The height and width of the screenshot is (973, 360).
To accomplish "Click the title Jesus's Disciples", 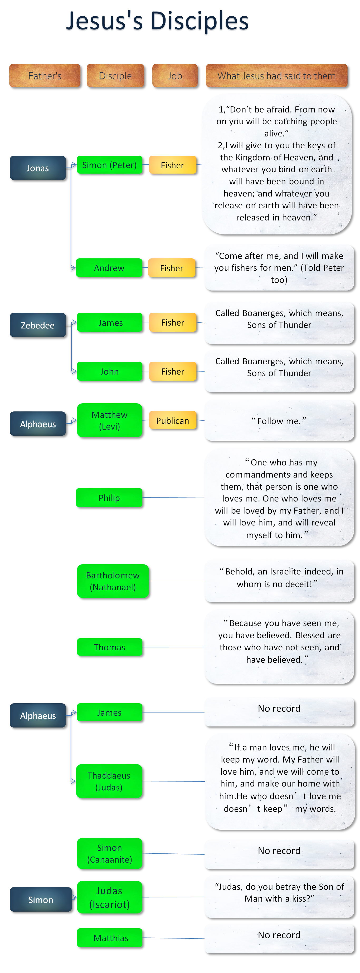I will pyautogui.click(x=157, y=21).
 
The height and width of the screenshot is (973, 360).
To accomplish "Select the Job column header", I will pyautogui.click(x=175, y=76).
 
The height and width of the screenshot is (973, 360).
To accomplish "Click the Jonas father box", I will pyautogui.click(x=38, y=168).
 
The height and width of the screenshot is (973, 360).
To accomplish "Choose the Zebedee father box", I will pyautogui.click(x=38, y=325).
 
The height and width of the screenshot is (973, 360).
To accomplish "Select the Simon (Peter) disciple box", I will pyautogui.click(x=110, y=165).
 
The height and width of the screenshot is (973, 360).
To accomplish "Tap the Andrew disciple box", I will pyautogui.click(x=109, y=268).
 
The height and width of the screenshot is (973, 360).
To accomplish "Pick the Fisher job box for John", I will pyautogui.click(x=173, y=371).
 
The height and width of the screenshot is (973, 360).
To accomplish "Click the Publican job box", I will pyautogui.click(x=173, y=420).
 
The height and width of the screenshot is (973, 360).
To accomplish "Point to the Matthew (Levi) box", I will pyautogui.click(x=110, y=420).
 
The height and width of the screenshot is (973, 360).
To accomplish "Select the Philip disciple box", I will pyautogui.click(x=109, y=498).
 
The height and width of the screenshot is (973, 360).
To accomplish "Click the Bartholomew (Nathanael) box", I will pyautogui.click(x=113, y=581).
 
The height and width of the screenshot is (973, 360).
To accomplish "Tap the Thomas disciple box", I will pyautogui.click(x=110, y=647).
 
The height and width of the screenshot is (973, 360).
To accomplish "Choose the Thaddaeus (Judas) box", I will pyautogui.click(x=109, y=781).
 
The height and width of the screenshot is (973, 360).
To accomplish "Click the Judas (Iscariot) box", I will pyautogui.click(x=110, y=897).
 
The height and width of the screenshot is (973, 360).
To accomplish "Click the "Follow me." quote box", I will pyautogui.click(x=279, y=421).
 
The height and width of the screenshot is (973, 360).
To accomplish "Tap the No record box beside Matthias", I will pyautogui.click(x=279, y=939).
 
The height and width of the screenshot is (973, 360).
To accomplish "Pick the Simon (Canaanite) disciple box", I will pyautogui.click(x=110, y=854).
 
